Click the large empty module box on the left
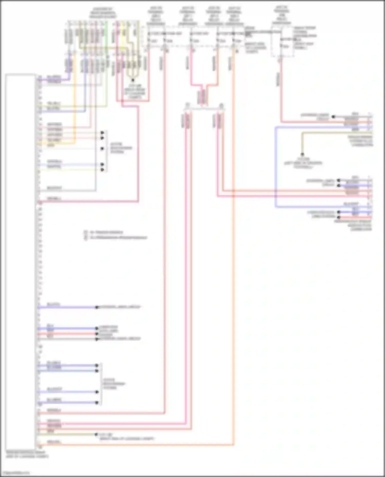(20, 261)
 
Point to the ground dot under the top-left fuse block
(133, 80)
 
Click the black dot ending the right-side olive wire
(302, 155)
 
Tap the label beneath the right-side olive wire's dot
(303, 163)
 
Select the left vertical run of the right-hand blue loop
(275, 167)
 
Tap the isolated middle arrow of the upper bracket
(102, 148)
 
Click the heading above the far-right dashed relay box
(282, 15)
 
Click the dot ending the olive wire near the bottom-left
(96, 434)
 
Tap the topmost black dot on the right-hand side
(333, 117)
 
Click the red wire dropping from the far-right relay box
(281, 90)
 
